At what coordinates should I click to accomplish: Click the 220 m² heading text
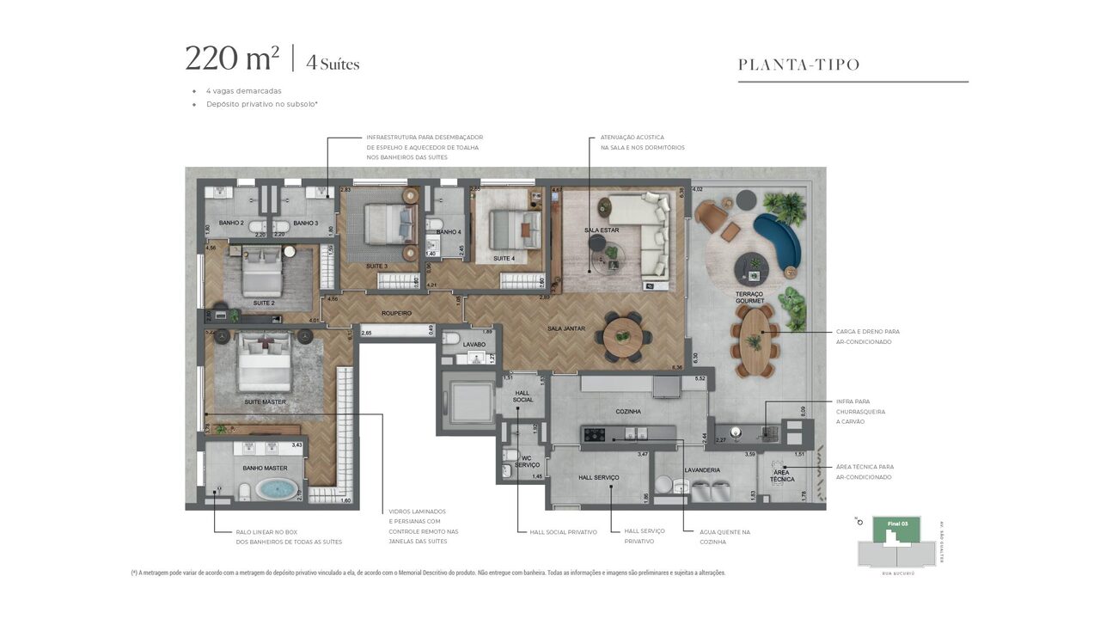point(232,58)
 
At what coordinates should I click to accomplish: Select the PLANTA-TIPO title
point(799,65)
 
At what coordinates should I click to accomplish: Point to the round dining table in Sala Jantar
point(623,336)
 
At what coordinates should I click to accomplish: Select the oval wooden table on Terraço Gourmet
point(755,340)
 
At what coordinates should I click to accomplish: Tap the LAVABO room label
point(474,345)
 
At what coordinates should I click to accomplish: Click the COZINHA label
point(628,412)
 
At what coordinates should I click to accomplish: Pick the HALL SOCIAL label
point(522,395)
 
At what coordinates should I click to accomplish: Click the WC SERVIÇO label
point(527,461)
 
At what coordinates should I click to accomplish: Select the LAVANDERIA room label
point(702,470)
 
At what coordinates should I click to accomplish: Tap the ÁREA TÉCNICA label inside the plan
point(782,475)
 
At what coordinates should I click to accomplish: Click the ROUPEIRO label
point(396,314)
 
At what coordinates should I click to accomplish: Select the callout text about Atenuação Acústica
point(636,143)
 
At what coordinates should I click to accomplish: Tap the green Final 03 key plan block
point(895,529)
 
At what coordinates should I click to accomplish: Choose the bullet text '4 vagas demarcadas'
point(243,91)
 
